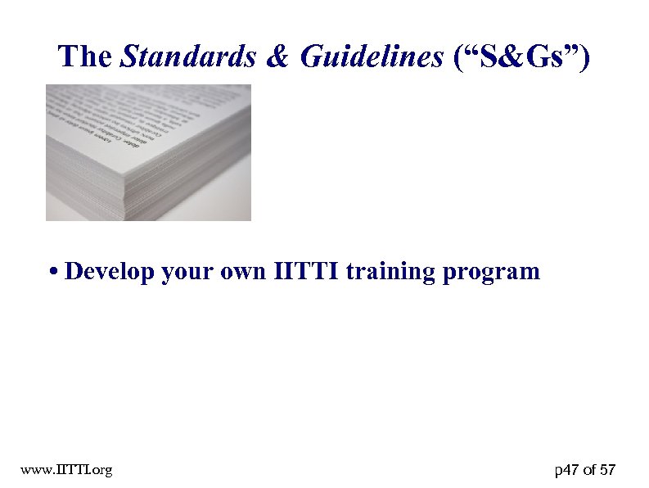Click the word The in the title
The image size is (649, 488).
coord(85,56)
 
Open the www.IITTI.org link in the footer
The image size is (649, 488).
coord(67,470)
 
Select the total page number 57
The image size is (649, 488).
coord(608,470)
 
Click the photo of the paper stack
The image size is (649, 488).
coord(148,152)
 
